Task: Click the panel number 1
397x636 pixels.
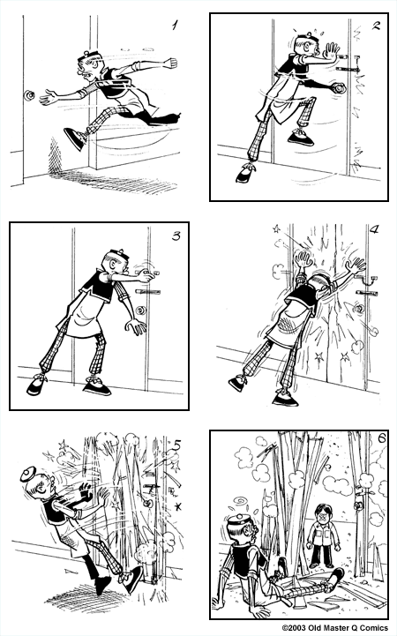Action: pyautogui.click(x=175, y=26)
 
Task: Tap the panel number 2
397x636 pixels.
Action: pyautogui.click(x=376, y=26)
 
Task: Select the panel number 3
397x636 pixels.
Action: pyautogui.click(x=175, y=237)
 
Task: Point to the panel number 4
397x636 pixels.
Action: pyautogui.click(x=374, y=232)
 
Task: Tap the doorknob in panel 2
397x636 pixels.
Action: pyautogui.click(x=340, y=86)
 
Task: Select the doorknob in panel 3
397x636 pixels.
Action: pyautogui.click(x=141, y=310)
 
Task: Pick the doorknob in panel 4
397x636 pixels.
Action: pyautogui.click(x=360, y=310)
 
